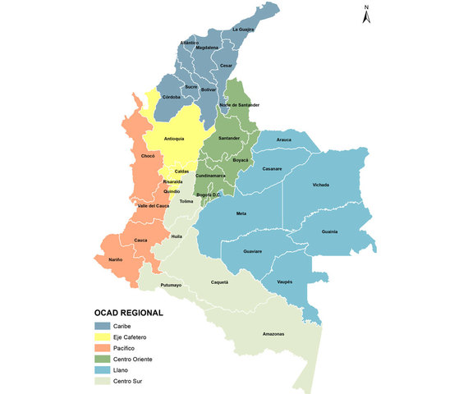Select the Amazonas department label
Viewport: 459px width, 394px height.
273,333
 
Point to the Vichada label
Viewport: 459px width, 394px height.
321,185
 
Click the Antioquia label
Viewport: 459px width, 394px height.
174,138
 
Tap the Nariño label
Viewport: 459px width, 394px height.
115,259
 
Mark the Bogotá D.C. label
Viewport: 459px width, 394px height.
207,195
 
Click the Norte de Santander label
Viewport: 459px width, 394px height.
240,105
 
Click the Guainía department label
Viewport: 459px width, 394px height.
329,231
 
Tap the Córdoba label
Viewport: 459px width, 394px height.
171,97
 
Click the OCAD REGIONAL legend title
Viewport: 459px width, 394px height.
128,313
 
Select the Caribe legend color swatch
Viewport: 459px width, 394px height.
101,325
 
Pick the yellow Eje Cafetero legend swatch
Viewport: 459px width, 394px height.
101,337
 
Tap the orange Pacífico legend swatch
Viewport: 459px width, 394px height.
101,348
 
